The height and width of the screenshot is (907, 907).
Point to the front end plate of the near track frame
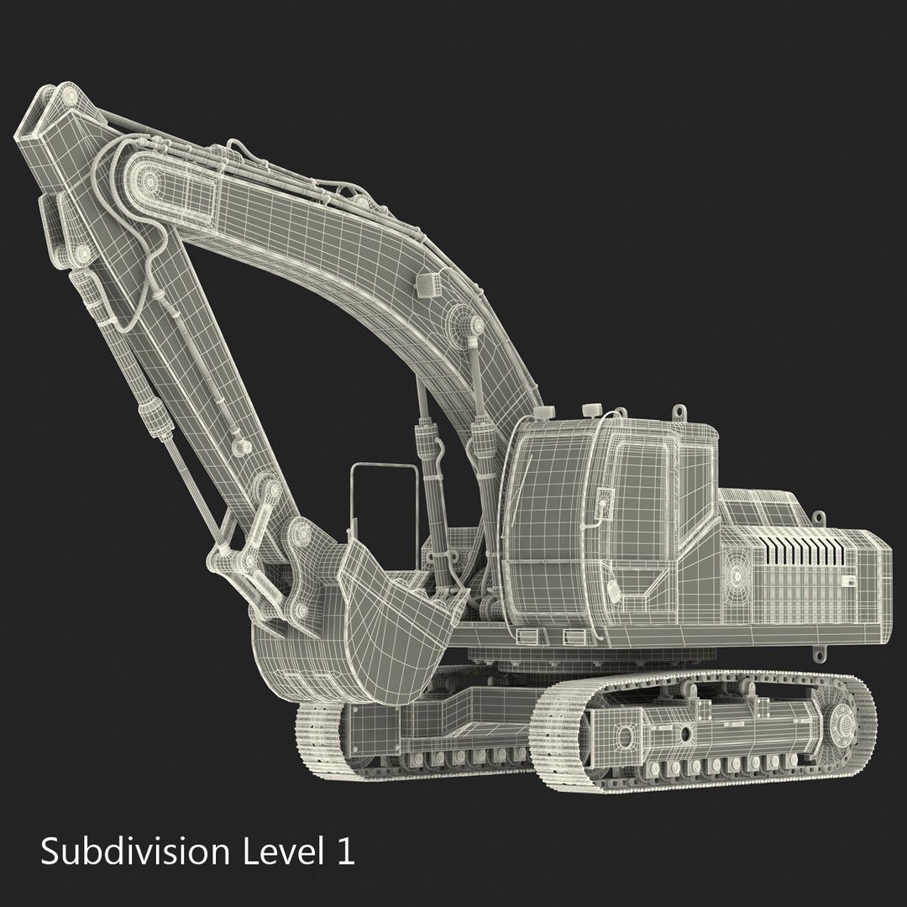point(624,737)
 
